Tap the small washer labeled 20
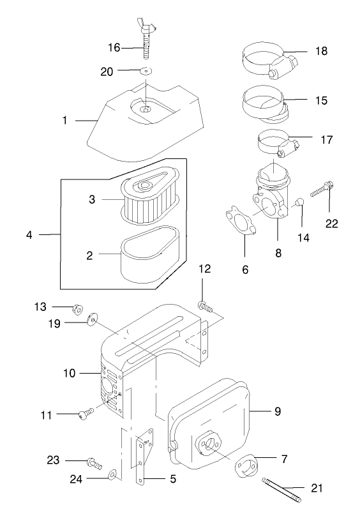(x=146, y=70)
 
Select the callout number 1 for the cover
(x=64, y=119)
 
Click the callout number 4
(x=29, y=234)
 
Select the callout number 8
(x=278, y=253)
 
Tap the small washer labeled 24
(x=112, y=473)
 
